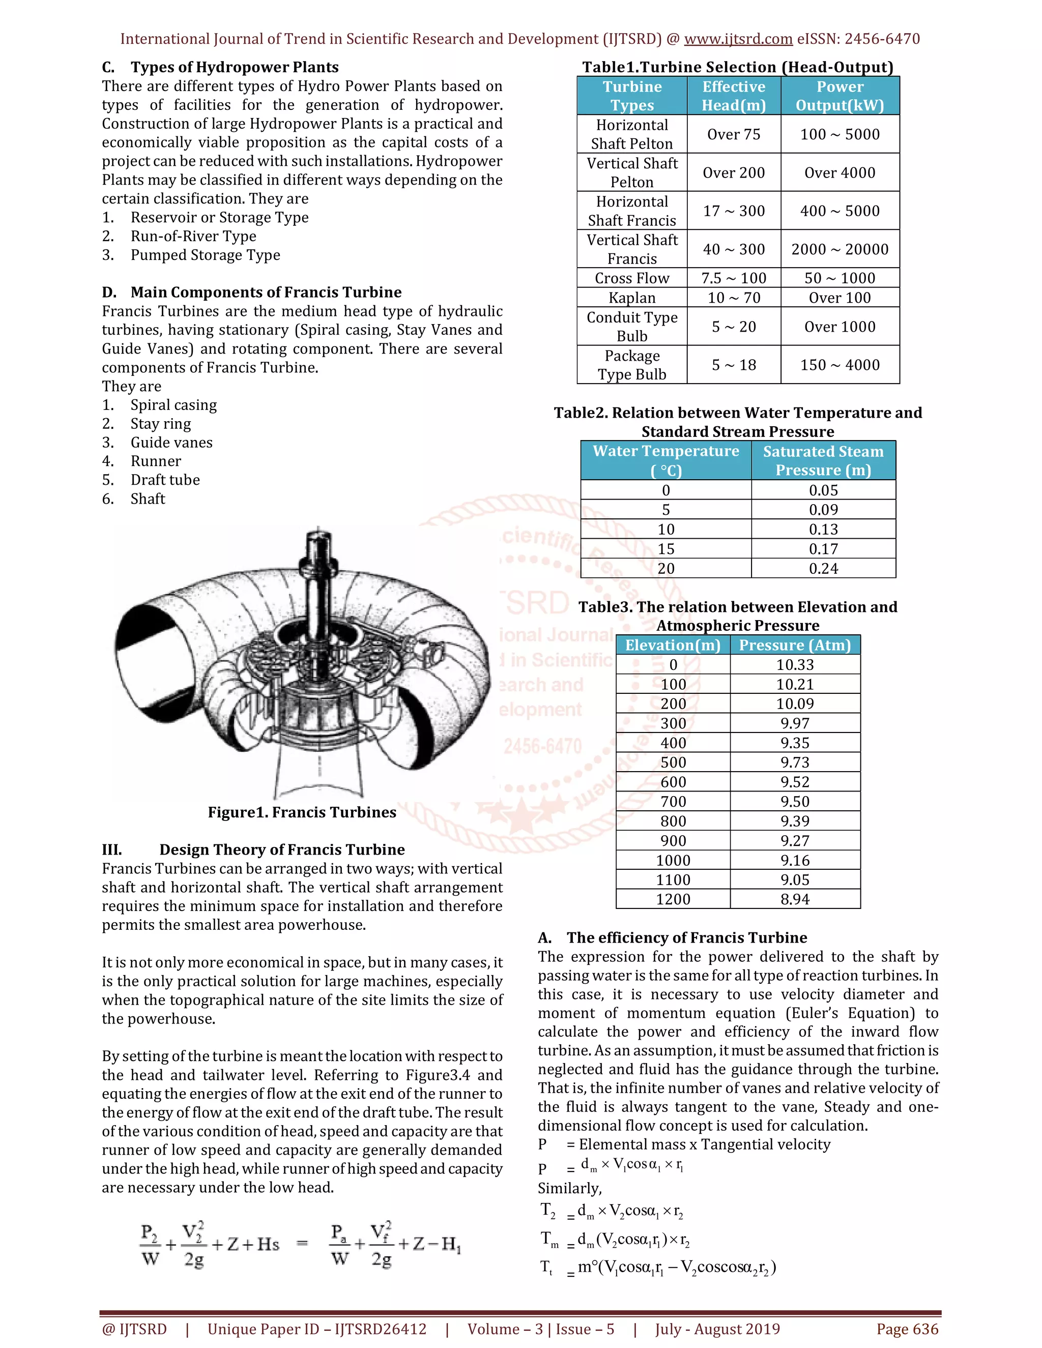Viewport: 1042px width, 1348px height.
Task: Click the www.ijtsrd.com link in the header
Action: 738,39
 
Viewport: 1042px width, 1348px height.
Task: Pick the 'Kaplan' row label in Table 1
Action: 631,298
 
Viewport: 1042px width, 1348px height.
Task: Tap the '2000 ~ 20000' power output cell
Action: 840,249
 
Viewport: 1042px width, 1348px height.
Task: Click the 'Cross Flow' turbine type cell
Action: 631,278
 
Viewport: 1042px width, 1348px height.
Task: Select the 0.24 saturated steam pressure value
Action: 824,569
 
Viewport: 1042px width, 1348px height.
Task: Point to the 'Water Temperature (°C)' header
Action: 665,460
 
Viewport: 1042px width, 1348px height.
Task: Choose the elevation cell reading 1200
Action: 673,899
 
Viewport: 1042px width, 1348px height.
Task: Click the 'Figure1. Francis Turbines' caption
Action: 302,812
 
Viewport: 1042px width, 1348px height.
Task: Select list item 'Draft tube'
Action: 165,480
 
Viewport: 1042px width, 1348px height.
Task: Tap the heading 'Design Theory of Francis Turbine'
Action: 281,850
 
